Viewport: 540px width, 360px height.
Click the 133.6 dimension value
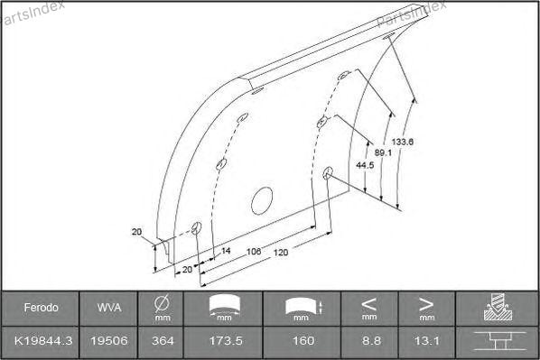(x=402, y=142)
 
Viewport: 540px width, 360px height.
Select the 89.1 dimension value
(x=383, y=152)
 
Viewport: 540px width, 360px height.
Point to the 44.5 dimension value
(x=365, y=165)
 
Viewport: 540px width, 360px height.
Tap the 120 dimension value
(x=281, y=253)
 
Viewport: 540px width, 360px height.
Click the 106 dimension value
(x=254, y=252)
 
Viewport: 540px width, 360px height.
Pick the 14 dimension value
(x=225, y=251)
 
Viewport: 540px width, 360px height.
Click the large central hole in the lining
(x=262, y=200)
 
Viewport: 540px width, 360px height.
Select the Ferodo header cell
(x=41, y=308)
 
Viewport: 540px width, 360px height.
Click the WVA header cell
(x=109, y=308)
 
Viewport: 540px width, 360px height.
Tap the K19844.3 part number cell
(x=43, y=341)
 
